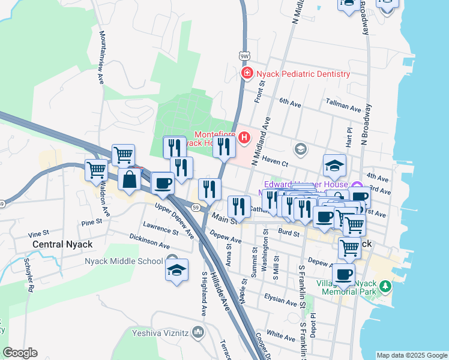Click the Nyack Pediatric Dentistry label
coord(303,74)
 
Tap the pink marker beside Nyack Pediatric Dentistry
coord(246,73)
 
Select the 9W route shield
coord(244,56)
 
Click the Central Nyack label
coord(62,244)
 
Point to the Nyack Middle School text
coord(124,261)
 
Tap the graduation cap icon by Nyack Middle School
coord(177,271)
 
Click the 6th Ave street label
coord(289,103)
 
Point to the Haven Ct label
coord(277,163)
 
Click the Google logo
coord(20,353)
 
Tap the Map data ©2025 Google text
coord(412,355)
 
